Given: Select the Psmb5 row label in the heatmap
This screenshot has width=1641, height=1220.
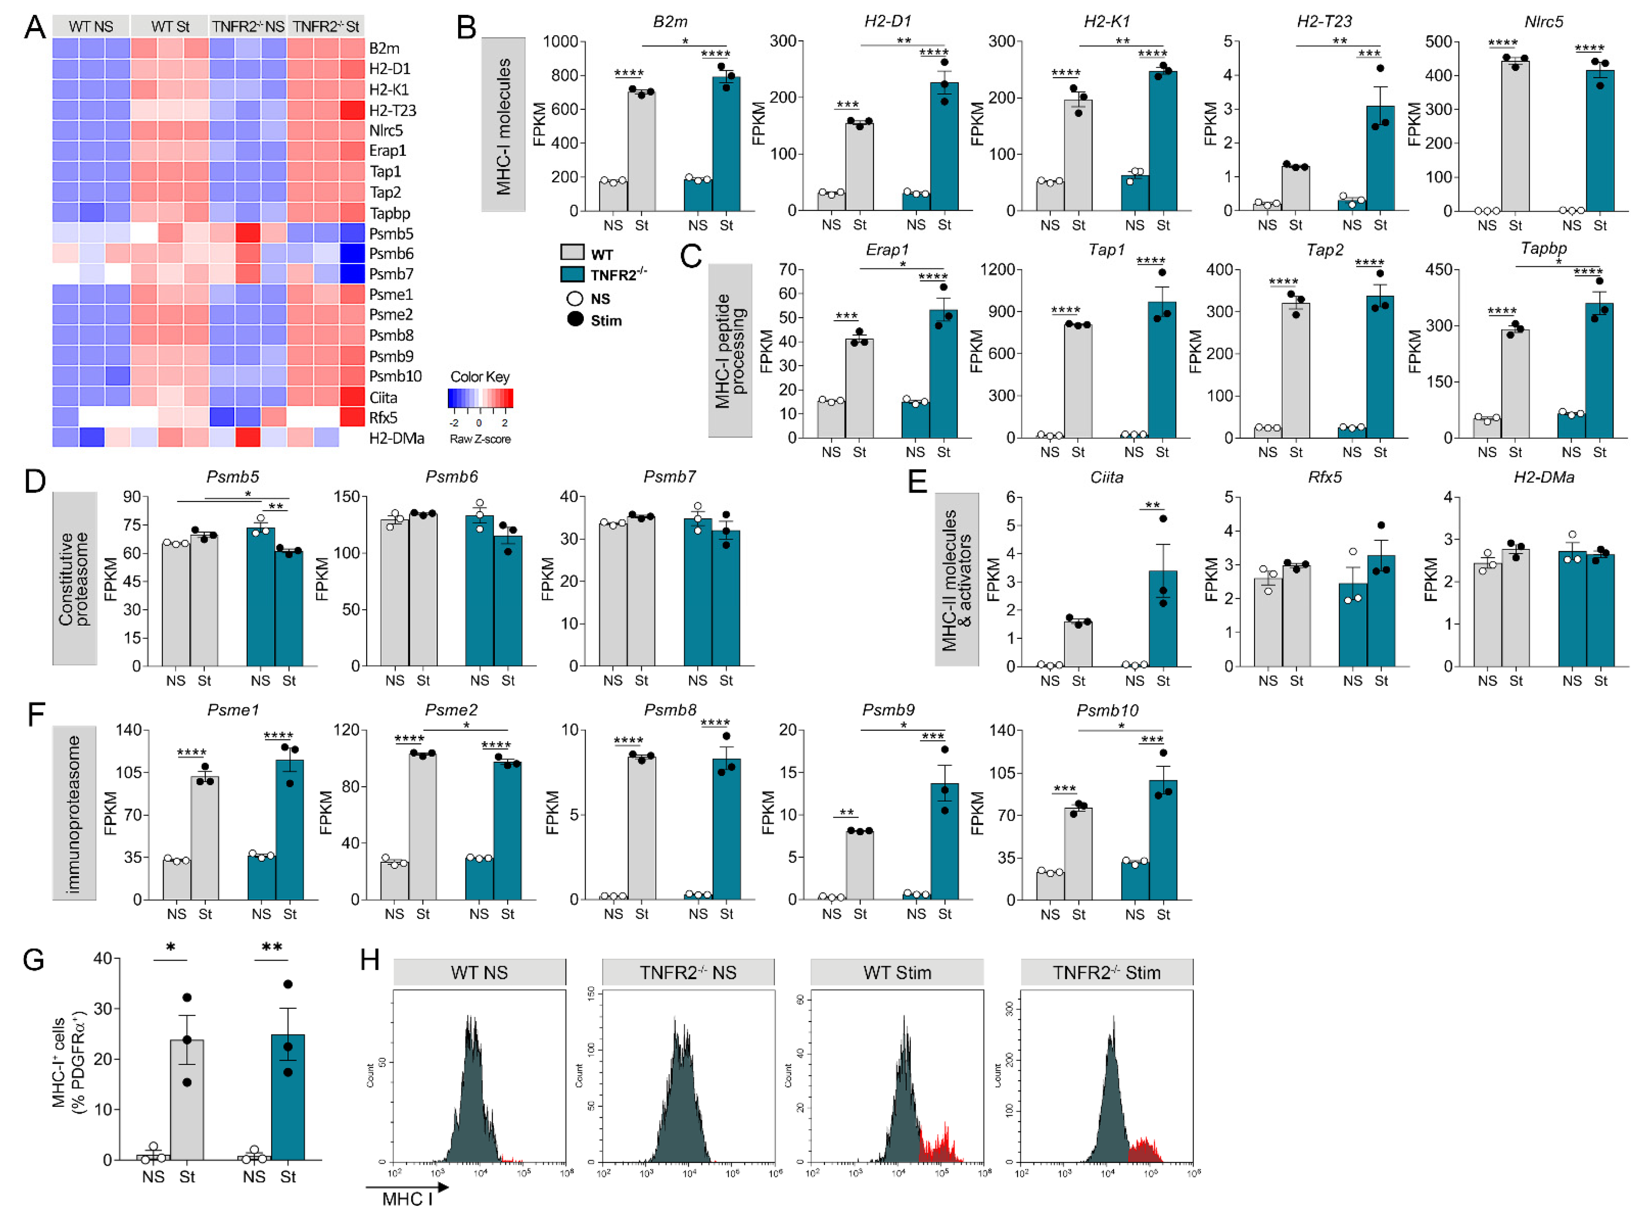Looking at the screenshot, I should (x=390, y=234).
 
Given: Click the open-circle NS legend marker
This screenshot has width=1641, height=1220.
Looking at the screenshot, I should (x=575, y=299).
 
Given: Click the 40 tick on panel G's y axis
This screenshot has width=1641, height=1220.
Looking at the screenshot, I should (x=103, y=959).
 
